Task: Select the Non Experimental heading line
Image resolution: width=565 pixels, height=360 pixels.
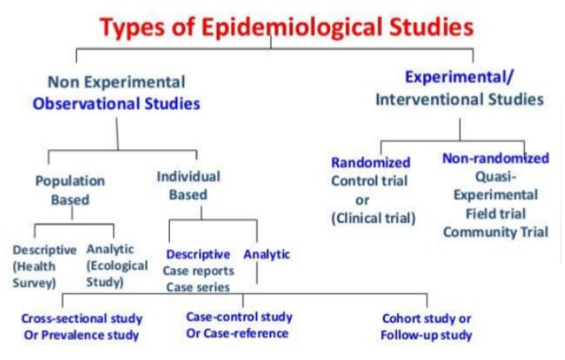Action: (x=116, y=82)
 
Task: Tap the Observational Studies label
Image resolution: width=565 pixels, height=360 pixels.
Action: (x=116, y=104)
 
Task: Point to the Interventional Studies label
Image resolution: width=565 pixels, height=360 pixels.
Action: (x=459, y=99)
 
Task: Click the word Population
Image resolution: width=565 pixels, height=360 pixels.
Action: (x=70, y=181)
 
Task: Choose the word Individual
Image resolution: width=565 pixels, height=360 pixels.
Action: (x=188, y=177)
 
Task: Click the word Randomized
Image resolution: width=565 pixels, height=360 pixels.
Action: (x=370, y=163)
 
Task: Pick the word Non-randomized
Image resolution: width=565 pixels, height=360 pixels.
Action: (x=496, y=158)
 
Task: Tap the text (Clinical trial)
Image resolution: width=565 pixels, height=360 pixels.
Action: (x=373, y=218)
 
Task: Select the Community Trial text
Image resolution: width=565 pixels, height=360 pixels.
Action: (x=496, y=232)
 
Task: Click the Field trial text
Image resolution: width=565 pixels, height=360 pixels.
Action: (x=496, y=214)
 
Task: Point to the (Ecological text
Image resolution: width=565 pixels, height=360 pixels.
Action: (x=117, y=265)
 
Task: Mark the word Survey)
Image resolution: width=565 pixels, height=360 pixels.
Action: (x=34, y=282)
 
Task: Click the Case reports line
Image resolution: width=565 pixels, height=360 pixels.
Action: (x=198, y=270)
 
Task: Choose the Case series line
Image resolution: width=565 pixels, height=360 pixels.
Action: (x=198, y=287)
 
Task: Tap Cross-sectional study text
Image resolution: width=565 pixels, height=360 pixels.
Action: (x=82, y=318)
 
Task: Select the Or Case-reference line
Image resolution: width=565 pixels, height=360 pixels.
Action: (x=237, y=334)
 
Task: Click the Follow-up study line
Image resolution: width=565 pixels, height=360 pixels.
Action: (x=426, y=335)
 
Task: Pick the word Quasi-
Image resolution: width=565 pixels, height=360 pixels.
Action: (x=496, y=177)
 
